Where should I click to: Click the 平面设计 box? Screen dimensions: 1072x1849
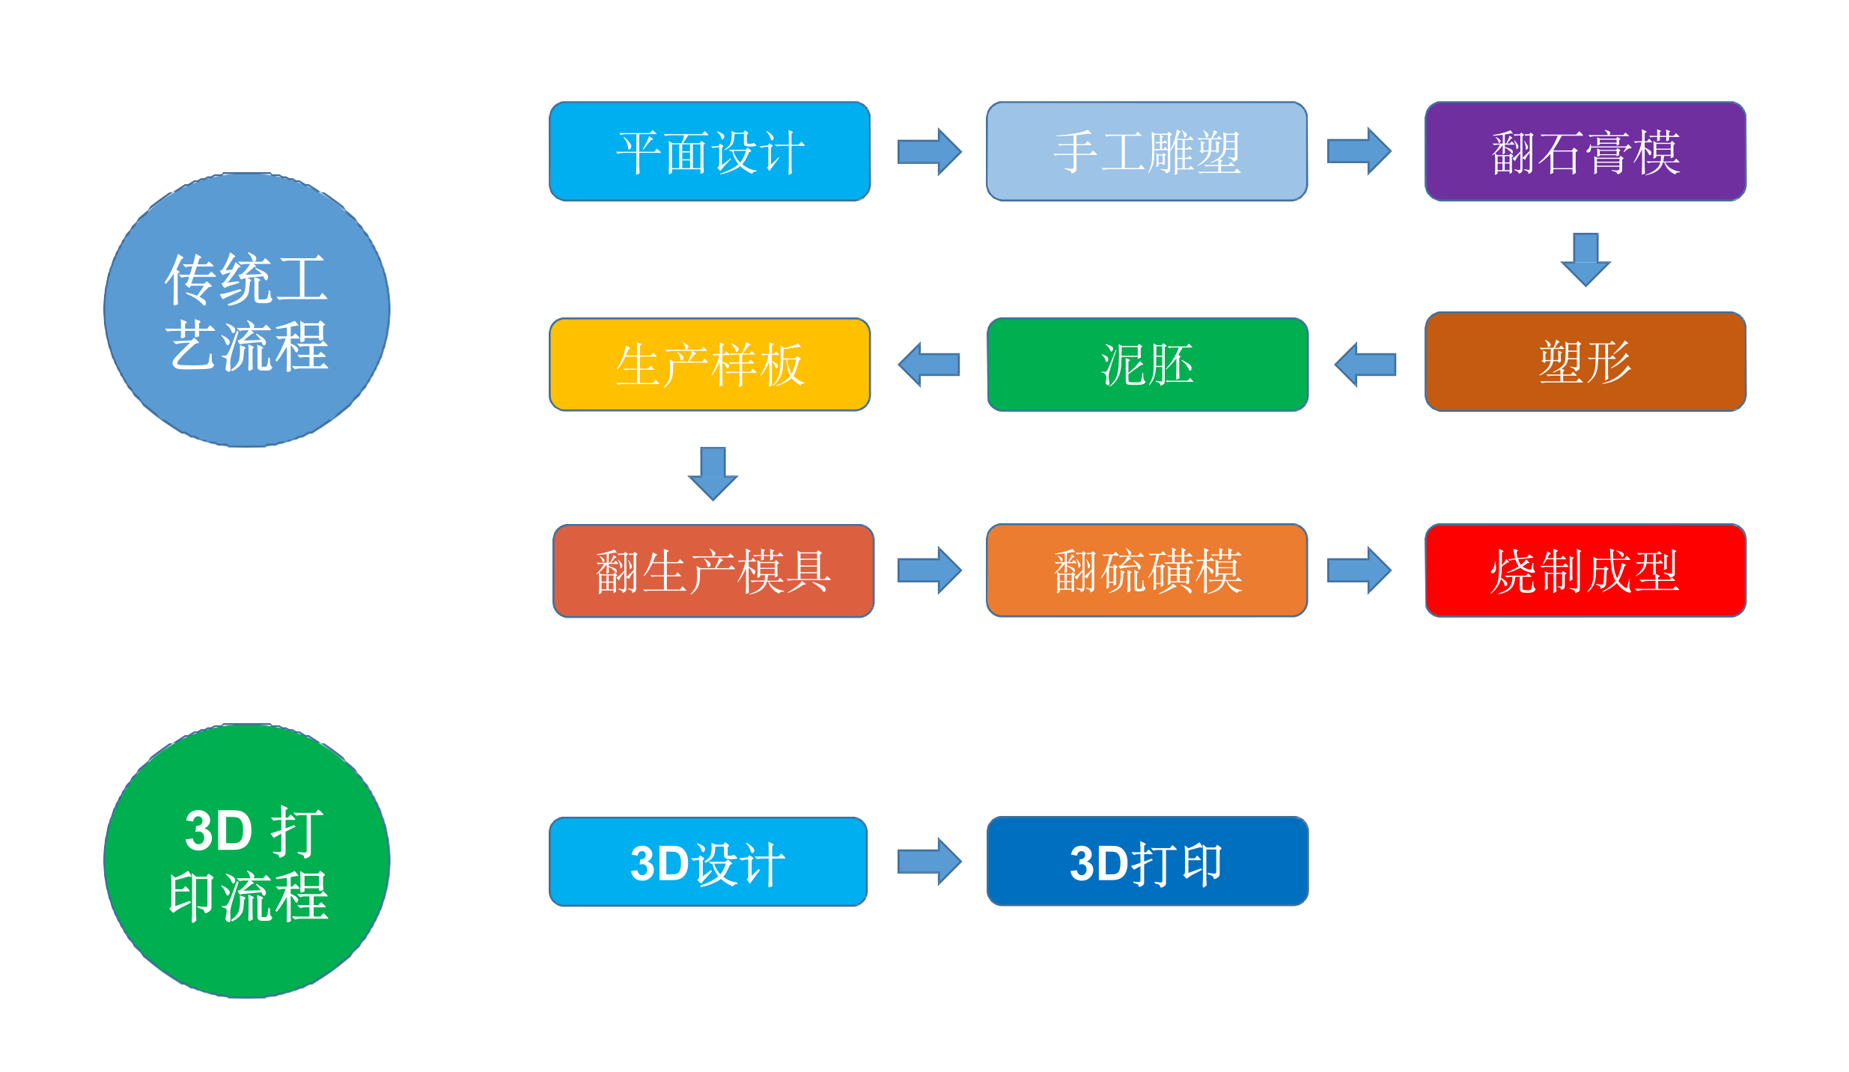click(x=709, y=151)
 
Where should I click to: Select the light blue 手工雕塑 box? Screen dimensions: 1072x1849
click(x=1146, y=151)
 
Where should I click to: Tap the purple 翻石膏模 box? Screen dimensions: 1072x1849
click(x=1585, y=151)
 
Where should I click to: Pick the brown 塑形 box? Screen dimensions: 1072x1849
click(x=1585, y=362)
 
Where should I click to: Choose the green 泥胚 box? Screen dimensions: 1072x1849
click(x=1147, y=365)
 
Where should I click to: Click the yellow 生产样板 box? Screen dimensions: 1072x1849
click(x=709, y=365)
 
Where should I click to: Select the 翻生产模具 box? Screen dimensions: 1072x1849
click(x=713, y=570)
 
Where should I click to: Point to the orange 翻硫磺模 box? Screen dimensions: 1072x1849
click(x=1146, y=570)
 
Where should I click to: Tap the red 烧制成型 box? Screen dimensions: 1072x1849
click(x=1585, y=570)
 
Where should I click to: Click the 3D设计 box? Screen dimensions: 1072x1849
click(x=707, y=862)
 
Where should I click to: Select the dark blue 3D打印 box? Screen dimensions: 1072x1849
click(x=1147, y=861)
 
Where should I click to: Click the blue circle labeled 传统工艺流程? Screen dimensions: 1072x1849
click(x=246, y=310)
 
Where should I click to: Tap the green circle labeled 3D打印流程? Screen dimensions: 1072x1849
click(x=246, y=861)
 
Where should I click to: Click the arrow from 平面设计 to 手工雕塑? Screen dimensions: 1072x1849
click(x=929, y=151)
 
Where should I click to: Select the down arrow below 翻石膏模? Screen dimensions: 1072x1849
click(x=1585, y=259)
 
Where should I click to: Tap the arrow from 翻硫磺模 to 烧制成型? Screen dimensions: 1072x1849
click(x=1359, y=570)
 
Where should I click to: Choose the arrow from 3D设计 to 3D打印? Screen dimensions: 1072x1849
click(x=929, y=862)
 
